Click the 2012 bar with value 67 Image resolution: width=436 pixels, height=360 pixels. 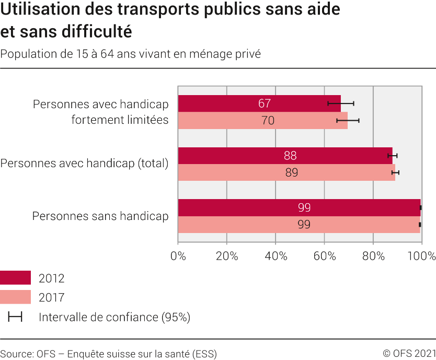click(x=259, y=103)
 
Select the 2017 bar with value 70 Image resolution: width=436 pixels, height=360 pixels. click(x=263, y=121)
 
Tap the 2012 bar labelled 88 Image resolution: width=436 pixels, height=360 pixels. click(x=285, y=156)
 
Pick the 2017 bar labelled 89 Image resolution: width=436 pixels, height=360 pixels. click(x=286, y=172)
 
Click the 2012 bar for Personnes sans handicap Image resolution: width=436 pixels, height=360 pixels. click(x=299, y=207)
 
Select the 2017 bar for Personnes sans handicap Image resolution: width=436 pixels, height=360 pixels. click(x=299, y=225)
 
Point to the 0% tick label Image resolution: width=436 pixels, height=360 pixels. click(x=178, y=256)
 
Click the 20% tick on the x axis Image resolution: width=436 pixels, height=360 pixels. click(x=227, y=256)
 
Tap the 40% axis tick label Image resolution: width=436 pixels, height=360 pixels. click(x=276, y=256)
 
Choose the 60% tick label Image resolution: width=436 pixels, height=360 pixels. click(x=325, y=256)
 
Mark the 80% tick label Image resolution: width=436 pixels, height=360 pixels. click(x=373, y=256)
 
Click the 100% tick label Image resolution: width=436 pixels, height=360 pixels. click(x=421, y=256)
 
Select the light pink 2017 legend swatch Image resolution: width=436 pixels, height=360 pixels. click(x=15, y=297)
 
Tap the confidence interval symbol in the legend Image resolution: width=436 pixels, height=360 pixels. click(x=15, y=317)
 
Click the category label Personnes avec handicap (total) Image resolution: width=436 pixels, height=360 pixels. click(x=85, y=164)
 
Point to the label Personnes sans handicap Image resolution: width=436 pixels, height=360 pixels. click(x=100, y=216)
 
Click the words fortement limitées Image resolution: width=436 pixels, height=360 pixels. click(x=120, y=120)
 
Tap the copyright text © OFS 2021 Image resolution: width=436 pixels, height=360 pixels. click(x=409, y=354)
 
